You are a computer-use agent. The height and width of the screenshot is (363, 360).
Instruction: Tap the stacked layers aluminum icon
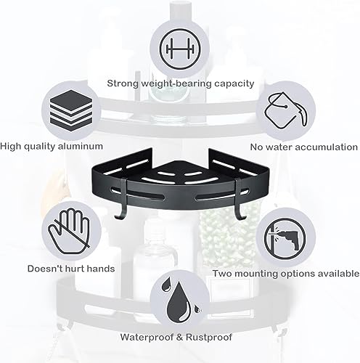coord(71,110)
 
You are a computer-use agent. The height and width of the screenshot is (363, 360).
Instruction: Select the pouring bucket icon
coord(286,110)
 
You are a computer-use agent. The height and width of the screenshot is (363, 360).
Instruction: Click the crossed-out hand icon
coord(70,231)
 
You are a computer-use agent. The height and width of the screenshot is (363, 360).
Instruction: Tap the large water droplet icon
coord(180,303)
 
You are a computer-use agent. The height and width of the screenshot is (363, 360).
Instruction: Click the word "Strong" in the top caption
coord(123,84)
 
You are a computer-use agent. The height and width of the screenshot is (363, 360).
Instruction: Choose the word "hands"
coord(101,269)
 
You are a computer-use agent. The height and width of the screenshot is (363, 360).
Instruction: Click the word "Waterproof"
coord(148,337)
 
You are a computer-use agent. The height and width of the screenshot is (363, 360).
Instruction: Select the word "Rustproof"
coord(209,337)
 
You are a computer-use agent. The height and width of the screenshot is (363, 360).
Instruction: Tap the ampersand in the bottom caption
coord(181,337)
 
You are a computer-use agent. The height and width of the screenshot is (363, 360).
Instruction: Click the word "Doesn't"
coord(43,269)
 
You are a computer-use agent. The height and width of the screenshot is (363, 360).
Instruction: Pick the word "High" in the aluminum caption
coord(11,147)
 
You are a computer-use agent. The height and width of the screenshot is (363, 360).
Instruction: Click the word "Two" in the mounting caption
coord(222,274)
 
